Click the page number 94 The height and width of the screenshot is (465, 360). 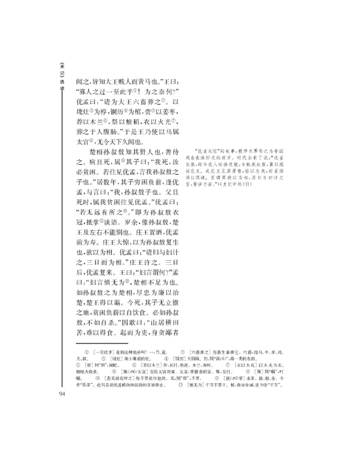61,394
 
